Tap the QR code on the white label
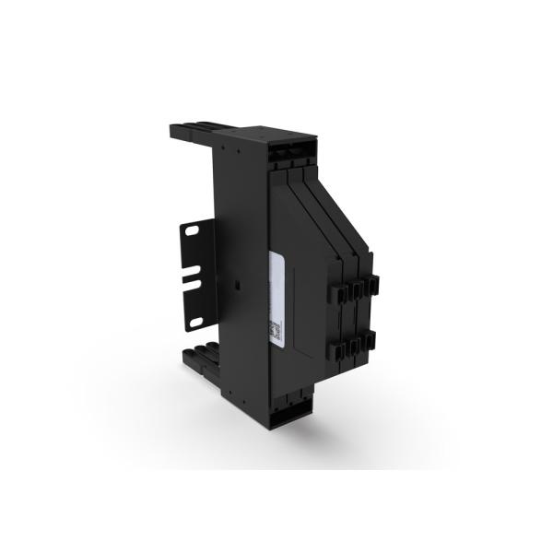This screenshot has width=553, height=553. [274, 329]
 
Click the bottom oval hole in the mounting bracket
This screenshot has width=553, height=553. [194, 323]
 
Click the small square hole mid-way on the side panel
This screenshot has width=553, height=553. [237, 283]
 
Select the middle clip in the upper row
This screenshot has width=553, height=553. [355, 289]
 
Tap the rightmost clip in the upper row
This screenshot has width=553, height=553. [373, 284]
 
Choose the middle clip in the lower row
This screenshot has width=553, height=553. [356, 348]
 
